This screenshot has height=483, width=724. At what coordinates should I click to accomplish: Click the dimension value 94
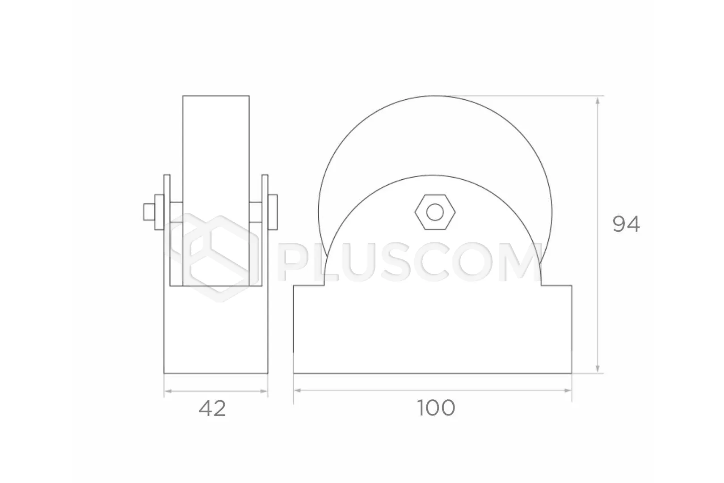tap(626, 224)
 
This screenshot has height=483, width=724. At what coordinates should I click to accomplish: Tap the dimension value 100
tap(436, 408)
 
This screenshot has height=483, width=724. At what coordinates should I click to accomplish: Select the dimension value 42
tap(212, 409)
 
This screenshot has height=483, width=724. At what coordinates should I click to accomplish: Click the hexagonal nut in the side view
tap(435, 212)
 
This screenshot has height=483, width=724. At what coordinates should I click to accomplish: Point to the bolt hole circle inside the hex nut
tap(435, 212)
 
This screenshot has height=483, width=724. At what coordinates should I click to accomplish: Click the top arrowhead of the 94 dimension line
tap(597, 101)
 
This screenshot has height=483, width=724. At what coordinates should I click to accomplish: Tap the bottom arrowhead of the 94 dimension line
tap(597, 369)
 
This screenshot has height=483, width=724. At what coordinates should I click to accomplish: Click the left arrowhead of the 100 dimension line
tap(298, 390)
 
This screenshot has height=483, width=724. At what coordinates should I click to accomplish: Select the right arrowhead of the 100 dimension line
tap(568, 390)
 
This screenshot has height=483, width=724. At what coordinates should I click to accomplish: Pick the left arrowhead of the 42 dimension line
tap(168, 391)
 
